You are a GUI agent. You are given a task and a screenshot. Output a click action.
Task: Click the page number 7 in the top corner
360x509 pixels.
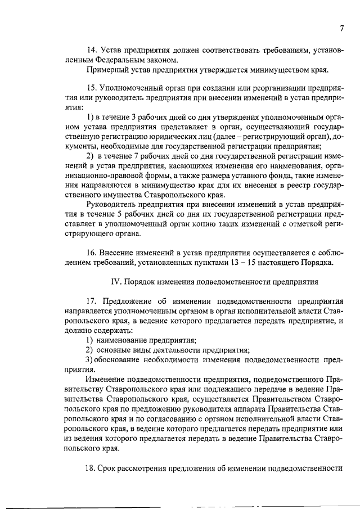341,29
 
